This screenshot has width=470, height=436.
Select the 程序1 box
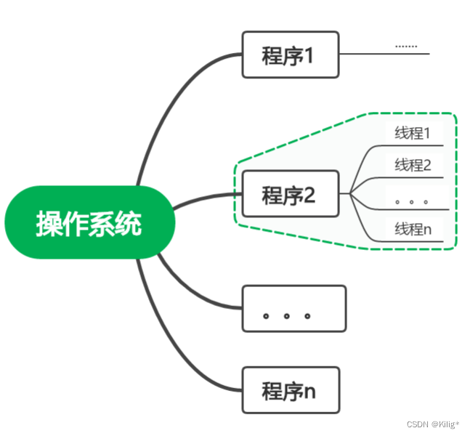[290, 54]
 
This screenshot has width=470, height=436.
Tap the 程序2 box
[290, 194]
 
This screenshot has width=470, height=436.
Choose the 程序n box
[290, 391]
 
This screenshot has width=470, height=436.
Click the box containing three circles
[293, 309]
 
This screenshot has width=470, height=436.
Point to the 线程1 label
[413, 134]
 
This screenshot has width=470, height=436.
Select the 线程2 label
[413, 165]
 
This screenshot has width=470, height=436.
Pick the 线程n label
[413, 230]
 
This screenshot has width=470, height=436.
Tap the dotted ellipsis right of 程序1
[406, 47]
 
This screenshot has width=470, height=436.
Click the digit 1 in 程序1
[309, 55]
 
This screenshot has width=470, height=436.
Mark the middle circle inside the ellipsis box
[287, 316]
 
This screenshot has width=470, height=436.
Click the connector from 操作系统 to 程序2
[207, 198]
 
